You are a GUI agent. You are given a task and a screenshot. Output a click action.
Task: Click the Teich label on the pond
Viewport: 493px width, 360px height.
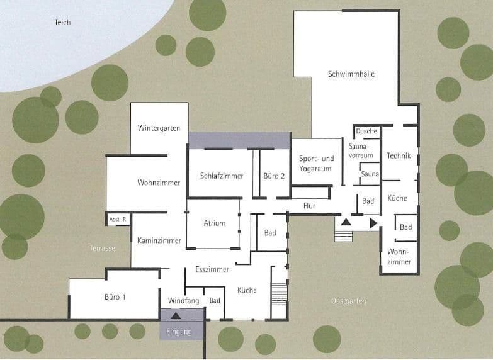pyautogui.click(x=62, y=23)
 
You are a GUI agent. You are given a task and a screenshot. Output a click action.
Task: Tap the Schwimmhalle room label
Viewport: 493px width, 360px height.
pyautogui.click(x=351, y=74)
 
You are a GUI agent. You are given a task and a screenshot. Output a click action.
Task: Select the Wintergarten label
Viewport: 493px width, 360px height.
pyautogui.click(x=159, y=128)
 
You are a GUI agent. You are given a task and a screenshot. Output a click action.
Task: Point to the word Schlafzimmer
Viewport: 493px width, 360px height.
pyautogui.click(x=222, y=176)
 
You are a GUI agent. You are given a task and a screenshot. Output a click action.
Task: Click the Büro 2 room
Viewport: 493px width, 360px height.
pyautogui.click(x=274, y=176)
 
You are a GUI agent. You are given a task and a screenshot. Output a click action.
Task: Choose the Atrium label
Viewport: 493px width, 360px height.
pyautogui.click(x=214, y=223)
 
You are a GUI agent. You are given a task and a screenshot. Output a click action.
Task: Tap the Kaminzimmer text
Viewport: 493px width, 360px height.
pyautogui.click(x=159, y=240)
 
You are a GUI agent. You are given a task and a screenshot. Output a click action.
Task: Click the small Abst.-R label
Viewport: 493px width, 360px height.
pyautogui.click(x=118, y=219)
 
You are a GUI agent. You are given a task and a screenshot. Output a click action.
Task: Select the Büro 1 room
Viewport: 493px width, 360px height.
pyautogui.click(x=115, y=296)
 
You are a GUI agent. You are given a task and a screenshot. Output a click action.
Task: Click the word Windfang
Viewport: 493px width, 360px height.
pyautogui.click(x=183, y=301)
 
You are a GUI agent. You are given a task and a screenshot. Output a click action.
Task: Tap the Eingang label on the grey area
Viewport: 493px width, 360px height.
pyautogui.click(x=178, y=332)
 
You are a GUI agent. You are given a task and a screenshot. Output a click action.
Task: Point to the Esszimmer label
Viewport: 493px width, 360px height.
pyautogui.click(x=212, y=269)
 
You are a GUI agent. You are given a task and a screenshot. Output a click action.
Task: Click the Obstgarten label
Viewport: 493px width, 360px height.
pyautogui.click(x=348, y=301)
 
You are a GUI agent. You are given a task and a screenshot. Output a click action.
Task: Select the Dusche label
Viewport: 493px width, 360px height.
pyautogui.click(x=366, y=132)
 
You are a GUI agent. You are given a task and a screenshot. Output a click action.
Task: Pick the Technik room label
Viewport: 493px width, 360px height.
pyautogui.click(x=399, y=155)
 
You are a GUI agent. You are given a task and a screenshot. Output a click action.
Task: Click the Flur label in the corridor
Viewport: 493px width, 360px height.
pyautogui.click(x=309, y=206)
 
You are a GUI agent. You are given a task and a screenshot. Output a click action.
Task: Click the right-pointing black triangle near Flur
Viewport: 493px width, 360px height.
pyautogui.click(x=373, y=223)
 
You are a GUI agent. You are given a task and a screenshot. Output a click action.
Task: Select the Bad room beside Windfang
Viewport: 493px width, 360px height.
pyautogui.click(x=215, y=301)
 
